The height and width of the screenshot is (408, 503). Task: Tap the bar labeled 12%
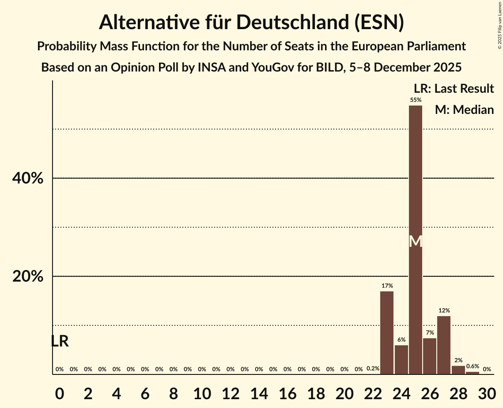(444, 345)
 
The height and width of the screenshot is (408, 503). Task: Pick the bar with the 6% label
(401, 359)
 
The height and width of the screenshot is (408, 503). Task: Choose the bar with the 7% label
(430, 356)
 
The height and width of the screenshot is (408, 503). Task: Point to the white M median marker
(416, 241)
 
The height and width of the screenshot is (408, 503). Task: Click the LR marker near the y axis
(60, 341)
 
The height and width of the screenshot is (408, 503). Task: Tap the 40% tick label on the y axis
(28, 178)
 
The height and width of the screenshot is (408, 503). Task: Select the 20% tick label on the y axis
(28, 277)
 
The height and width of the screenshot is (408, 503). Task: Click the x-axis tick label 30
(487, 392)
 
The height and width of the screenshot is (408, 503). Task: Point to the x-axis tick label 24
(401, 392)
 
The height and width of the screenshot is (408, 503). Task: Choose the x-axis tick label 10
(202, 392)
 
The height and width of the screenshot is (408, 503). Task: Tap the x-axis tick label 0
(60, 392)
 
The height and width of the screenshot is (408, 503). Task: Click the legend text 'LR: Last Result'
(454, 89)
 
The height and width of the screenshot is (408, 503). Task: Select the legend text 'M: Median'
(464, 110)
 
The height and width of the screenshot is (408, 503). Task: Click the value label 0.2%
(373, 368)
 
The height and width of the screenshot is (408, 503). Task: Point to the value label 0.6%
(473, 366)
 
